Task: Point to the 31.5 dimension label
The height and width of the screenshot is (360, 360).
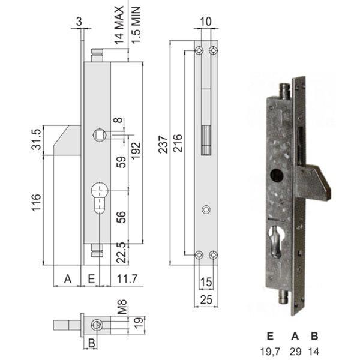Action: click(x=36, y=139)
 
